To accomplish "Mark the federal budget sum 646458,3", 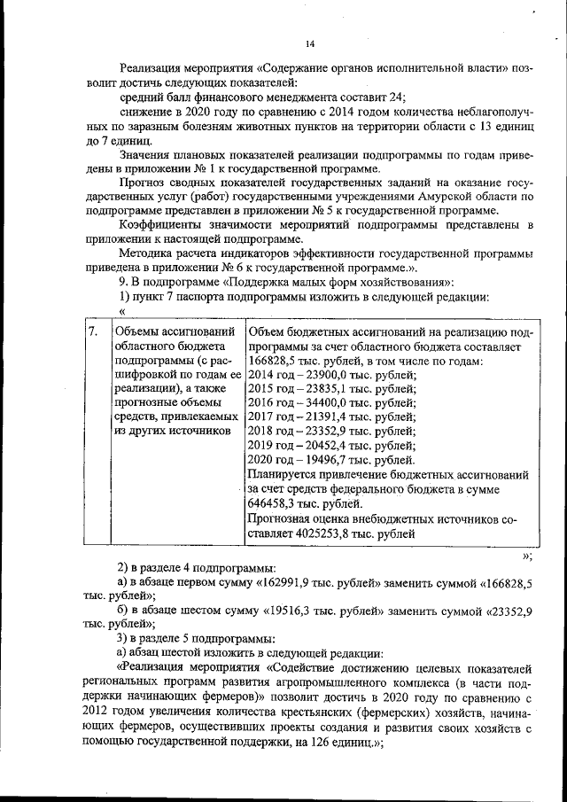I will tap(276, 502).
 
